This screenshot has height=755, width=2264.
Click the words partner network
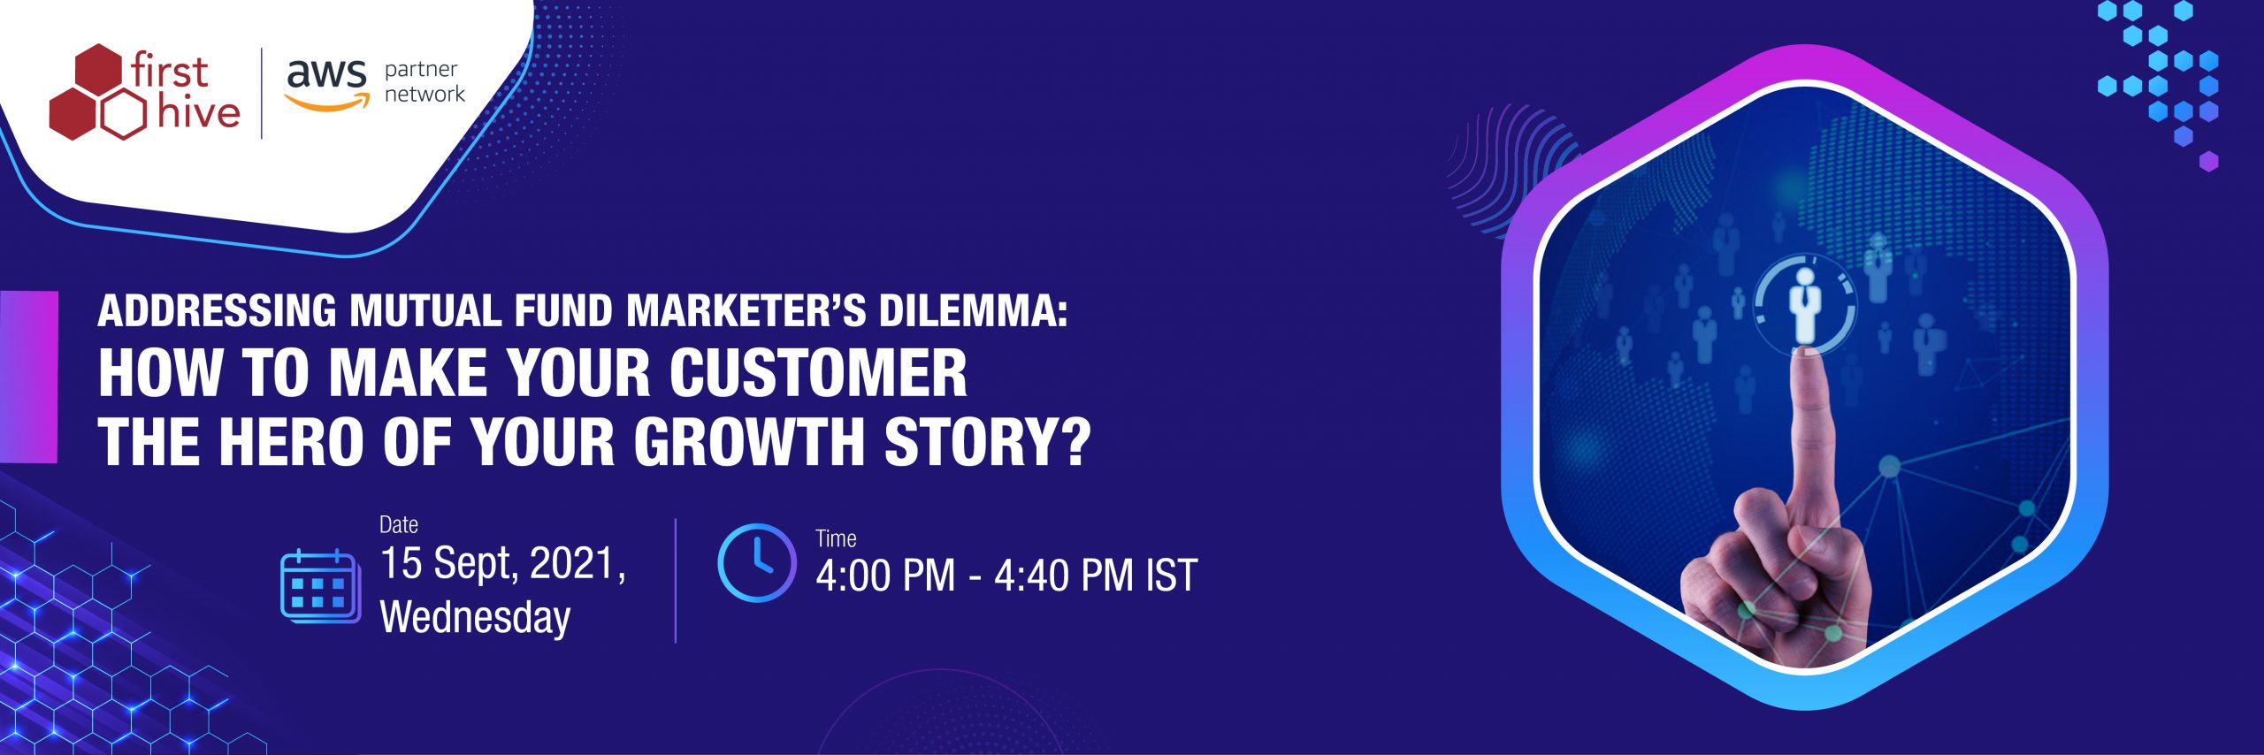(424, 81)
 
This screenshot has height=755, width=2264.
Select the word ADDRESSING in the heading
(217, 311)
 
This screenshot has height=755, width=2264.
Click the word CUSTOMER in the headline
(818, 373)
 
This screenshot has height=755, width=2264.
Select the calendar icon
(320, 585)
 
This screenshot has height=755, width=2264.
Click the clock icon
(757, 563)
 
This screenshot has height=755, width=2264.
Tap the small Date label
(399, 525)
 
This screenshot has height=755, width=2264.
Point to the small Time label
(836, 538)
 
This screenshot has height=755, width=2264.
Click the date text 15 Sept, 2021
(502, 564)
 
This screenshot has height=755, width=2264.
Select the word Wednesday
(475, 617)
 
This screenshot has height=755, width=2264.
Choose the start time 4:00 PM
(885, 576)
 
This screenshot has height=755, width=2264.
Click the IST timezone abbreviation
(1172, 576)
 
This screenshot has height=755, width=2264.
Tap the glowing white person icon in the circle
(1804, 305)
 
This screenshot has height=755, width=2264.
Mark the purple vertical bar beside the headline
(29, 377)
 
